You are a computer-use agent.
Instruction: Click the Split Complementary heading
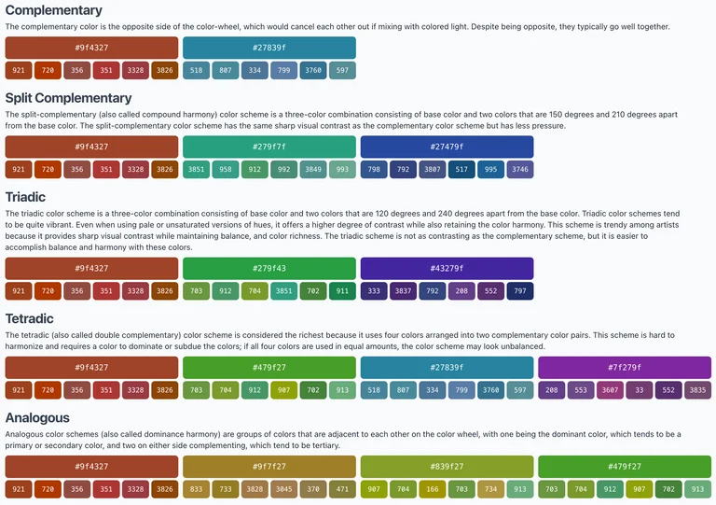(68, 98)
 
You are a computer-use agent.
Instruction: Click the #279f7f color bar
(269, 147)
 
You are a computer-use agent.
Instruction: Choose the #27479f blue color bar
(447, 147)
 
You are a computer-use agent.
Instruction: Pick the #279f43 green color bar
(269, 269)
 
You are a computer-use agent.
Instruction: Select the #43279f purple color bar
(447, 269)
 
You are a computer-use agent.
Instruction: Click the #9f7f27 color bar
(269, 467)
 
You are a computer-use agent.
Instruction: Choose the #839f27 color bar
(447, 467)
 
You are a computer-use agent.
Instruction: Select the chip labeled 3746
(520, 170)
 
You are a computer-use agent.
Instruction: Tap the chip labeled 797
(520, 291)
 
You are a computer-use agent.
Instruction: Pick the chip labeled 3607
(610, 390)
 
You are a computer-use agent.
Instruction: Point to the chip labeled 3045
(283, 489)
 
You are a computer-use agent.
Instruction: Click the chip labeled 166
(432, 489)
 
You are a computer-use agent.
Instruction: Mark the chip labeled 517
(461, 170)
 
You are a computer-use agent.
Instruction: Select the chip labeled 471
(342, 489)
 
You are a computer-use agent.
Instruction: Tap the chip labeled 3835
(697, 390)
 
